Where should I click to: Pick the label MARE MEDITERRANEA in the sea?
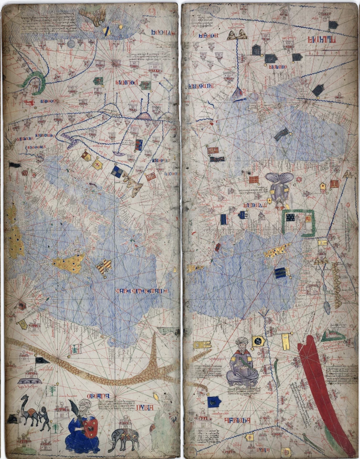140,290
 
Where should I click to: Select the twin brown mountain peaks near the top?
237,34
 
